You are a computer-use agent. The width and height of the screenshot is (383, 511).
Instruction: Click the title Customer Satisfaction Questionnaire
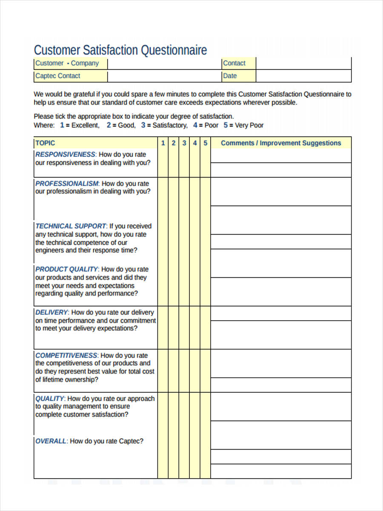click(x=120, y=50)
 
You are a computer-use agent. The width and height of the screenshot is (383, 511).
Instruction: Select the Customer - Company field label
click(x=67, y=63)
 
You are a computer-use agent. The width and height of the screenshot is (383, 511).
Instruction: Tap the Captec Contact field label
click(x=58, y=76)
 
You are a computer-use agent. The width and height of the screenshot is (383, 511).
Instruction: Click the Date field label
click(x=230, y=76)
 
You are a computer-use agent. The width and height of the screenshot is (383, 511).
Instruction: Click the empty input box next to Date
click(x=303, y=76)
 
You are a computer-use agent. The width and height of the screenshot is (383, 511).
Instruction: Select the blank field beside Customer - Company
click(x=164, y=63)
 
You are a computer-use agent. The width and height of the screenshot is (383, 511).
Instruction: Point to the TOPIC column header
click(x=45, y=143)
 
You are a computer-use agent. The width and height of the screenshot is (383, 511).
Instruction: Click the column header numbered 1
click(x=163, y=143)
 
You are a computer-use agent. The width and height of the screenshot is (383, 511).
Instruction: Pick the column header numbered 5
click(x=205, y=143)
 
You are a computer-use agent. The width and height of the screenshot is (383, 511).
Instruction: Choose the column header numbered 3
click(x=184, y=143)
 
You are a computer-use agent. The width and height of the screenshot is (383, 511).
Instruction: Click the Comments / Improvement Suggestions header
click(x=281, y=143)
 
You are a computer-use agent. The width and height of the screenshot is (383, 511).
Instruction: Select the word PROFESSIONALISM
click(x=67, y=184)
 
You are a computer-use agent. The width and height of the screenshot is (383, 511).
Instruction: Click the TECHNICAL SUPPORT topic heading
click(x=71, y=226)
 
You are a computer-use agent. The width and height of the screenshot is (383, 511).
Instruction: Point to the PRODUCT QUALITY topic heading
click(x=67, y=269)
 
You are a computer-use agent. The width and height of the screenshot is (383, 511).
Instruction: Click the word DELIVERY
click(x=51, y=312)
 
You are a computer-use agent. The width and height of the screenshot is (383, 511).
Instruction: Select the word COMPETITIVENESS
click(x=66, y=355)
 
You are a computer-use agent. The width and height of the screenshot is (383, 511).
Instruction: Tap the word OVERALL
click(x=51, y=441)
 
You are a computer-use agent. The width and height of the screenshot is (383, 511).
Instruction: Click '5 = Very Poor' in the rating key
click(x=244, y=125)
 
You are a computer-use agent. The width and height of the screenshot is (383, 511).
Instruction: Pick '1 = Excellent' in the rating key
click(x=80, y=125)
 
